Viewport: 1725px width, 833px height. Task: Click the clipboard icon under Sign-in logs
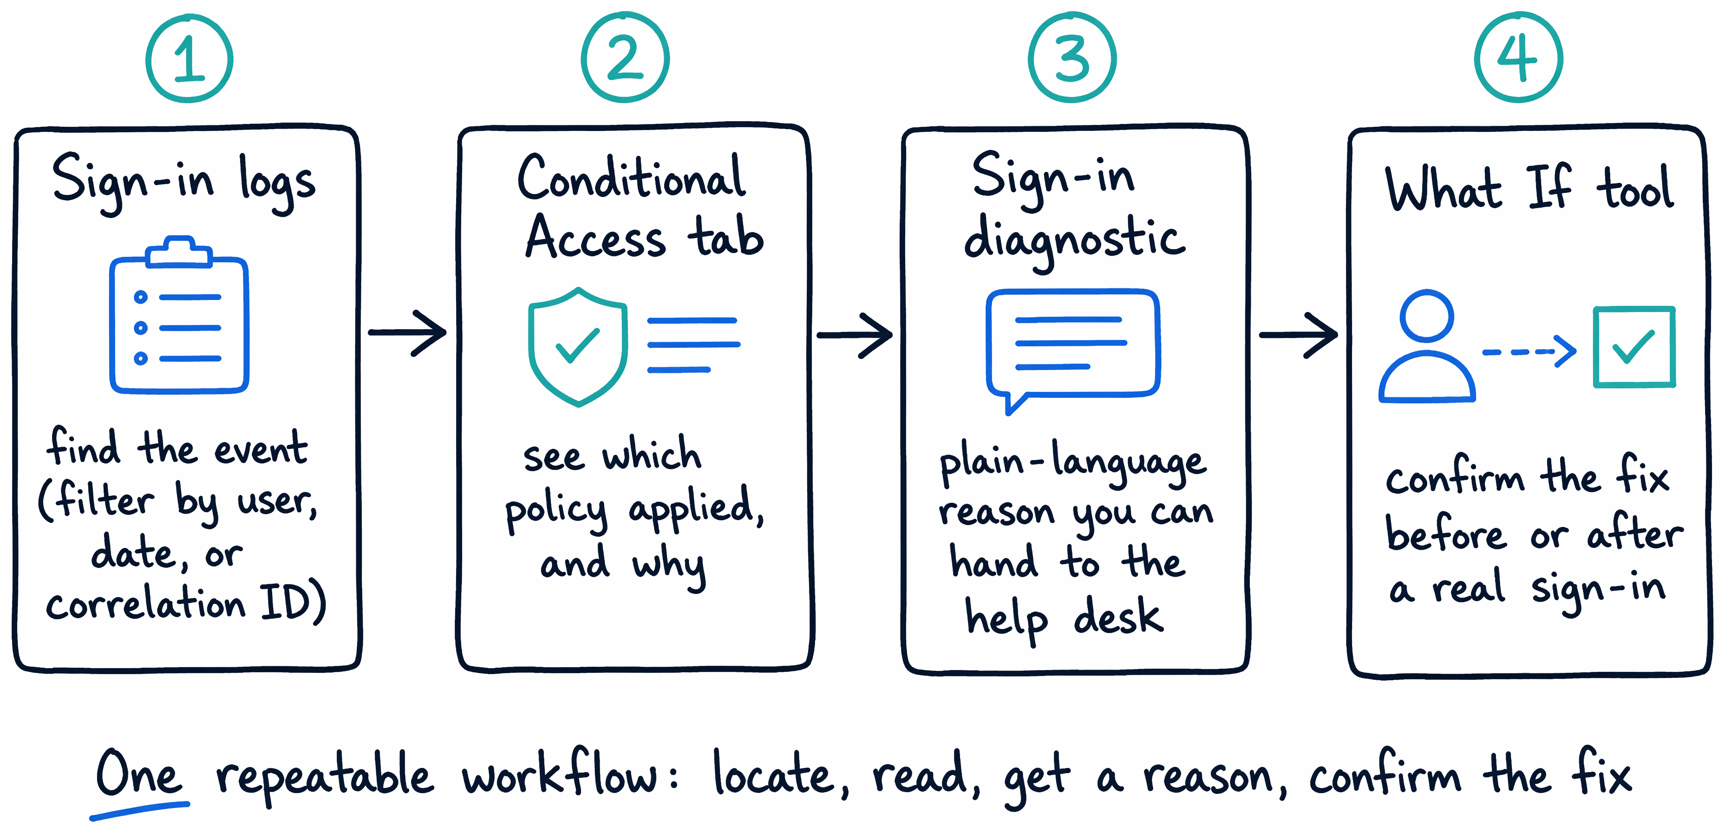[x=179, y=315]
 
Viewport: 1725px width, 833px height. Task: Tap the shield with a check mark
[x=578, y=347]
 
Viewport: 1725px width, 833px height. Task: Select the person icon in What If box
[x=1427, y=346]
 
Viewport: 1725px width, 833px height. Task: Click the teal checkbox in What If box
[x=1634, y=347]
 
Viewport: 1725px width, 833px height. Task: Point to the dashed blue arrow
[x=1529, y=351]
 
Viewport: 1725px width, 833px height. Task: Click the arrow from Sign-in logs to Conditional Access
[x=407, y=332]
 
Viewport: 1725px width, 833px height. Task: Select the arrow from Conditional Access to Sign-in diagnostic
[x=855, y=335]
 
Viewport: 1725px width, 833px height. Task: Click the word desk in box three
[x=1118, y=616]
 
